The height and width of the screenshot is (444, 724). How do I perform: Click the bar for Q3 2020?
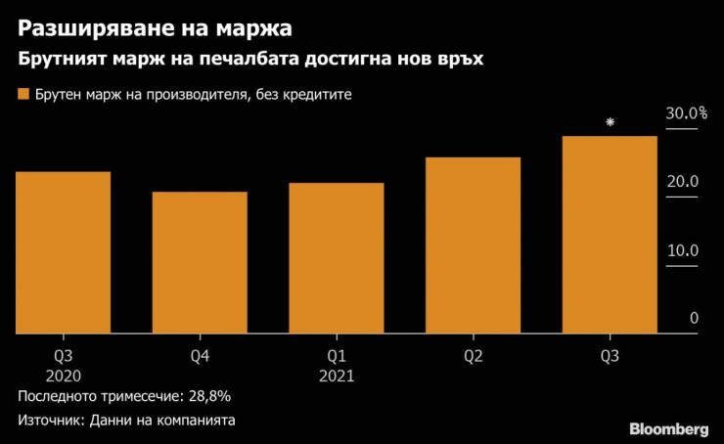click(63, 252)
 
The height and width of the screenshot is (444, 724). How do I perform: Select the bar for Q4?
click(199, 262)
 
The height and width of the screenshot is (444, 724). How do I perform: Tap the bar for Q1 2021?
click(336, 258)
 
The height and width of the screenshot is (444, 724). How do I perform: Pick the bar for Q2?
click(472, 244)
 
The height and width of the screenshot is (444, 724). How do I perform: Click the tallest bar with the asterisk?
click(609, 235)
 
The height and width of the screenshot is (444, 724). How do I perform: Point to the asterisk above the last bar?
click(610, 122)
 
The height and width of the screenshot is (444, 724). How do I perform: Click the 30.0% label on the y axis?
click(686, 113)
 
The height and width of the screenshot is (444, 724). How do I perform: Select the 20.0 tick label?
click(682, 182)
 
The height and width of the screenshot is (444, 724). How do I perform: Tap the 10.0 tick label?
click(682, 250)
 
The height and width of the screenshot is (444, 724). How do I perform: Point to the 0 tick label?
click(694, 318)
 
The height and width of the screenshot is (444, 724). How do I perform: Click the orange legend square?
click(23, 95)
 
